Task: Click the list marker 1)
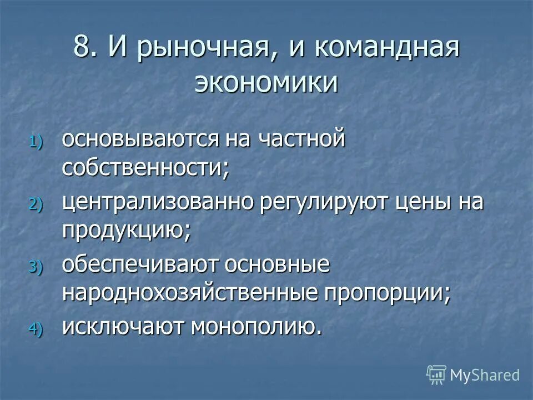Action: [x=34, y=142]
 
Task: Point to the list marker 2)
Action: [x=34, y=204]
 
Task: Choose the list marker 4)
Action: [x=34, y=329]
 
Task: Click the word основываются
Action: [x=141, y=139]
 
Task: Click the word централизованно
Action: [x=158, y=203]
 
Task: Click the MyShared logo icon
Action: [x=436, y=375]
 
